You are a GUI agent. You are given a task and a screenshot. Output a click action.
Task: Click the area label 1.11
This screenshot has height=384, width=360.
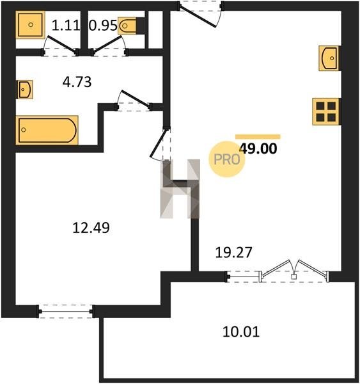[66, 25]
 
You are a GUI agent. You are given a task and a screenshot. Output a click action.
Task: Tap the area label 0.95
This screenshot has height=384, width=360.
[103, 25]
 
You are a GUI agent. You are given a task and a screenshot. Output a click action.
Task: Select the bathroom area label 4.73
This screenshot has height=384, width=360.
[77, 82]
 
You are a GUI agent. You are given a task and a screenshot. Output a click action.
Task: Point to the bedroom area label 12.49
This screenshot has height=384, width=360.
[91, 227]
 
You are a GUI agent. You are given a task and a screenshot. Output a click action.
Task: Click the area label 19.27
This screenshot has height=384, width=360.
[233, 253]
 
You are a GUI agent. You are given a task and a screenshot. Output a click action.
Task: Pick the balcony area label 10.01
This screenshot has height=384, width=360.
[241, 332]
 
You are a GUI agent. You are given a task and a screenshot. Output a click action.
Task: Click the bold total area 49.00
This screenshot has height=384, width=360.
[258, 148]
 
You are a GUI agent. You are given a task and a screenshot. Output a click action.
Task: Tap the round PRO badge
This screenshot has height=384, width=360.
[227, 159]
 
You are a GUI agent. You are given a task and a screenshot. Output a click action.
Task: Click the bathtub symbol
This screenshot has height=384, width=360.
[47, 130]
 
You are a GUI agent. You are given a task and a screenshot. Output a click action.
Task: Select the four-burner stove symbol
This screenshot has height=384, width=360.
[326, 111]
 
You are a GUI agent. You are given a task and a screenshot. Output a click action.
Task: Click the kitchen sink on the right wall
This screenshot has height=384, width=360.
[329, 58]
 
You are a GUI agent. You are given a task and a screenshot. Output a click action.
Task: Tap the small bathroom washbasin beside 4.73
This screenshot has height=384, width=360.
[25, 90]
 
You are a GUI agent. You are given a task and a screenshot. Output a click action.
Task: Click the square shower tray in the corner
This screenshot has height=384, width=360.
[31, 24]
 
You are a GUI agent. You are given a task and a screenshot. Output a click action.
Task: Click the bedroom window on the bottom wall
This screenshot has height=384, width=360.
[66, 312]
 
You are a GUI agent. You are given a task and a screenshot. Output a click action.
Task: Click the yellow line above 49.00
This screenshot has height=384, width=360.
[258, 137]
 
